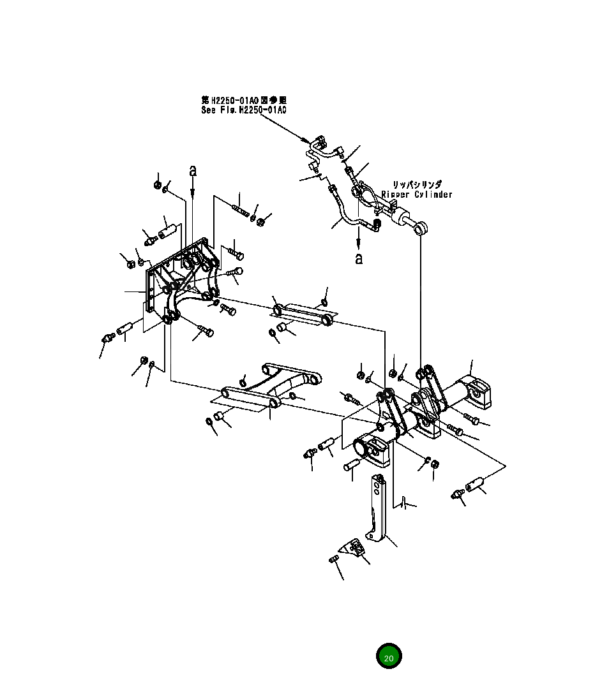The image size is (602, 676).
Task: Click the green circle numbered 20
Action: (x=389, y=657)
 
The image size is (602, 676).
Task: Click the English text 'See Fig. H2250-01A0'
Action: (x=243, y=110)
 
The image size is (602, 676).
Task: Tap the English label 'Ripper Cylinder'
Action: (x=416, y=195)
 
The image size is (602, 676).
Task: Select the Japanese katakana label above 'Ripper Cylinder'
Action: (x=416, y=184)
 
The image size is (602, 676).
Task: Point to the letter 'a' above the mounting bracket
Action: (x=193, y=170)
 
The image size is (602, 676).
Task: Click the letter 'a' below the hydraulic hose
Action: (x=359, y=258)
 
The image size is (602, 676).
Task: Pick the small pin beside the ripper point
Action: (x=333, y=559)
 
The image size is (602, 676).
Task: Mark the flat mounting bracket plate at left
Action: (x=153, y=290)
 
